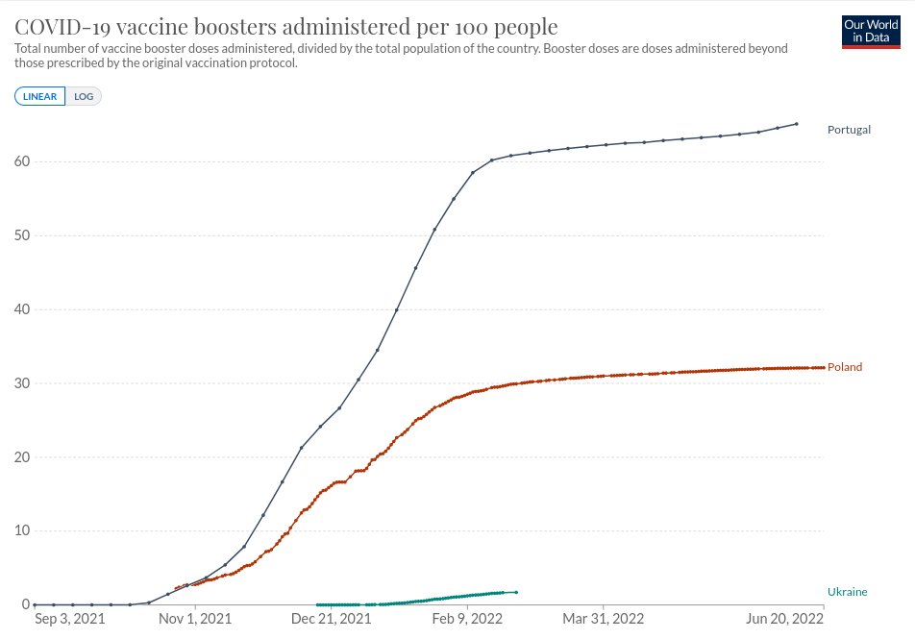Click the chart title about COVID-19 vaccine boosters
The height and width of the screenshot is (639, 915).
[x=285, y=26]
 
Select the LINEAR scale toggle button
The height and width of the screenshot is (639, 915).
[x=40, y=96]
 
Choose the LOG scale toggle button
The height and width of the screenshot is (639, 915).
[x=84, y=96]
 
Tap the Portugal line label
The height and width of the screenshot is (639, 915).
[x=849, y=130]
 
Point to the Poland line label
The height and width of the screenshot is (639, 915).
[x=845, y=367]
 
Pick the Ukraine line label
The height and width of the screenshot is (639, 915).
[x=847, y=592]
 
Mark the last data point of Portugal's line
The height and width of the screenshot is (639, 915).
[x=797, y=123]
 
